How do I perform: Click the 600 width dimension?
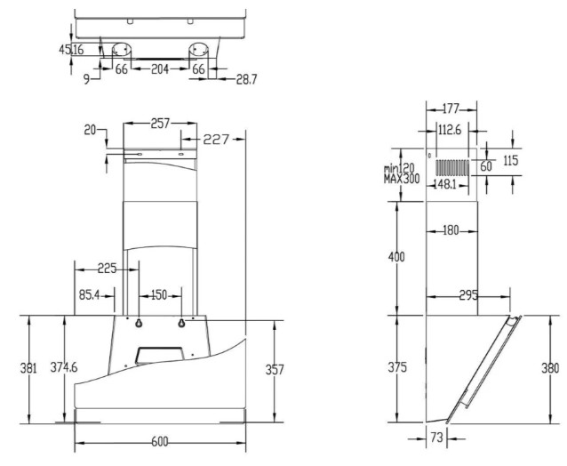tap(160, 442)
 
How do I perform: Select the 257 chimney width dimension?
tap(160, 124)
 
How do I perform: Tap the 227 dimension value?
tap(216, 139)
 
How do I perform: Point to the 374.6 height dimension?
tap(64, 367)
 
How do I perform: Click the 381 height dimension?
tap(28, 368)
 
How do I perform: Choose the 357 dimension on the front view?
tap(275, 370)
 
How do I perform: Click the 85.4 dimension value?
tap(90, 295)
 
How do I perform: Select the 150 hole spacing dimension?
tap(159, 295)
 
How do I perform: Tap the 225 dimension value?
tap(108, 269)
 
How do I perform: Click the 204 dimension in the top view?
tap(160, 68)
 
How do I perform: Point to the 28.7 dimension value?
tap(246, 79)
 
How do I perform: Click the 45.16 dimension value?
tap(71, 50)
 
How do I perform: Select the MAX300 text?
tap(402, 179)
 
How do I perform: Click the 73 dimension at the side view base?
tap(437, 438)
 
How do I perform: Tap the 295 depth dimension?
tap(468, 295)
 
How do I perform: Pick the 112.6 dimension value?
tap(450, 130)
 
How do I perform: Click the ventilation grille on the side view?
tap(452, 167)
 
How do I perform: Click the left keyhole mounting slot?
tap(138, 323)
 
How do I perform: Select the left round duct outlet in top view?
tap(121, 50)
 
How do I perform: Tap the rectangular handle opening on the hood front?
tap(159, 356)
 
